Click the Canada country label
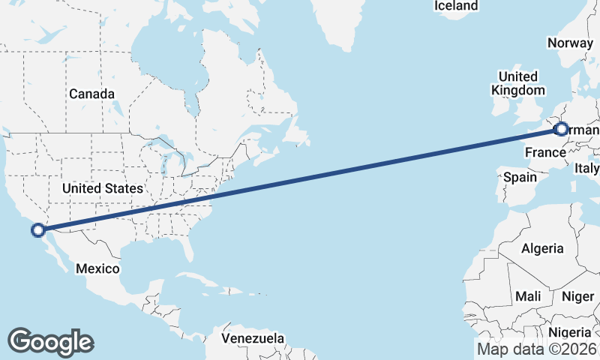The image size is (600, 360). click(x=91, y=94)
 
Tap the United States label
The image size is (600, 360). click(x=103, y=187)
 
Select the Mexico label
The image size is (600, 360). click(x=97, y=268)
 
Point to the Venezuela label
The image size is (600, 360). click(x=253, y=337)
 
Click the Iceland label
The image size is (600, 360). click(x=455, y=6)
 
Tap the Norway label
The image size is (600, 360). click(x=570, y=43)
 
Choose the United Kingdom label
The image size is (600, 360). click(x=517, y=83)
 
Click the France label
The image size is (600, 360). click(x=544, y=153)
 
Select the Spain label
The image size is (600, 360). click(x=520, y=178)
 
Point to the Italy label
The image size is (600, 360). click(x=587, y=169)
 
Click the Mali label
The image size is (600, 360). click(x=528, y=297)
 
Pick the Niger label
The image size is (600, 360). click(x=577, y=297)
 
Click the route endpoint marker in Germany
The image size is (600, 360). click(x=561, y=129)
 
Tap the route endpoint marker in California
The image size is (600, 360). click(x=37, y=229)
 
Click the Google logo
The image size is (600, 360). click(x=50, y=341)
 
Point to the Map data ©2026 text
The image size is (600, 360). click(x=537, y=349)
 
